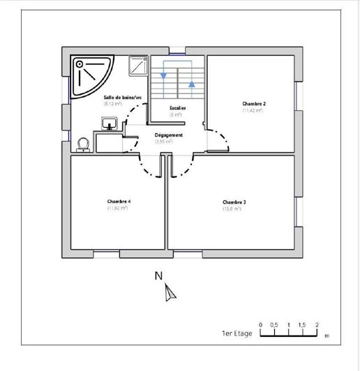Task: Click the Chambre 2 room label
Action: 253,103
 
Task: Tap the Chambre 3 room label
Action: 234,202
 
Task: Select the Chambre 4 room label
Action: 119,202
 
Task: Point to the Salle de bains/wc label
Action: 123,97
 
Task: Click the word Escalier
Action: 178,109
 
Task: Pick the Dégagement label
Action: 168,135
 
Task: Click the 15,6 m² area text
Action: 232,209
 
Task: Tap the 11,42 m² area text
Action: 253,110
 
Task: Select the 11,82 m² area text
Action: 118,209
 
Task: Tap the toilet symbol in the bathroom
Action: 84,143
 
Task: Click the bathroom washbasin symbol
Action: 108,124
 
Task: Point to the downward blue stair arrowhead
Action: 164,75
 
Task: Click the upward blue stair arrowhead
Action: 191,84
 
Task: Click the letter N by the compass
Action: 158,276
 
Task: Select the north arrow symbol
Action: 170,294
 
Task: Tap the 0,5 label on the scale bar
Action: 274,325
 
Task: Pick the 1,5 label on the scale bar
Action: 302,325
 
